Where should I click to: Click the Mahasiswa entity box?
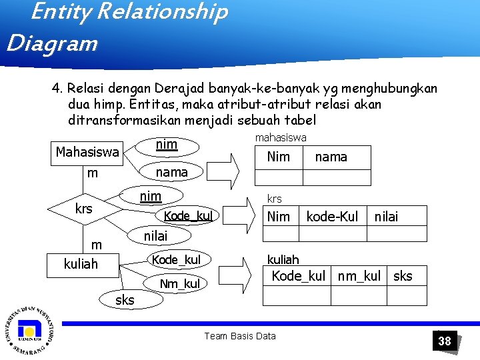tap(87, 153)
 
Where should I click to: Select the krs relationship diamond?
tap(84, 209)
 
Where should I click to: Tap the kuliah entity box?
tap(81, 264)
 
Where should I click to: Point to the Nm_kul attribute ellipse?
tap(179, 285)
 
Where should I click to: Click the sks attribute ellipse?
tap(125, 300)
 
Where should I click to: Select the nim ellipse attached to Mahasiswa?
tap(166, 145)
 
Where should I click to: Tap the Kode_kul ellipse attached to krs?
tap(187, 216)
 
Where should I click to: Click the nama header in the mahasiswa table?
tap(331, 157)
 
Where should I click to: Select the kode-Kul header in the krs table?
tap(332, 216)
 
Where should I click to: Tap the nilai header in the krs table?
tap(386, 216)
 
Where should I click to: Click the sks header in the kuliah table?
tap(403, 276)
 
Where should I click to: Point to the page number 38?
tap(445, 341)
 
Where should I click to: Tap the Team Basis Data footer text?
tap(240, 336)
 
